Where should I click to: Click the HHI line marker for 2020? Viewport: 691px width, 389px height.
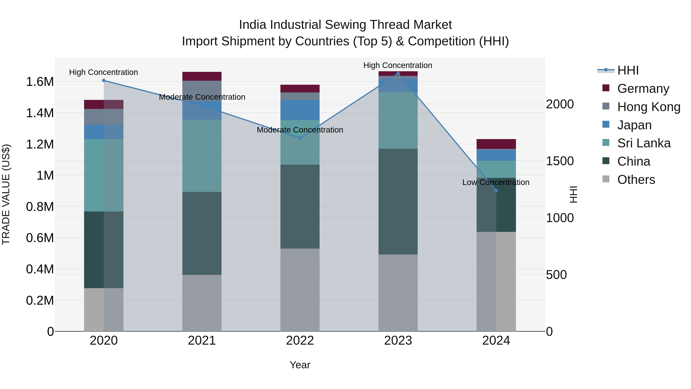[x=104, y=80]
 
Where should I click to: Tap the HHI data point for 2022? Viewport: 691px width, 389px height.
[x=300, y=138]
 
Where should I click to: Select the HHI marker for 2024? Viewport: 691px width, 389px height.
[x=496, y=191]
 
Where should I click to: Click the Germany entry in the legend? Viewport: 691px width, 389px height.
[x=643, y=89]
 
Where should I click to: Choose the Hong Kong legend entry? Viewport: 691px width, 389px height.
[x=648, y=107]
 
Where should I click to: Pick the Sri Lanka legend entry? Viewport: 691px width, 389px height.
[x=644, y=143]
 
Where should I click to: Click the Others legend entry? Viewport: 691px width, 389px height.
[x=636, y=180]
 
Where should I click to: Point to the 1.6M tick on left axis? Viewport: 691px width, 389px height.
[x=40, y=82]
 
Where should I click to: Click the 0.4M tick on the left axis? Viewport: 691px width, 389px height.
[x=40, y=269]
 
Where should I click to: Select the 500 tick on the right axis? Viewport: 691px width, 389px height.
[x=556, y=275]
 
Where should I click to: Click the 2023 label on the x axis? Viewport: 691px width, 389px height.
[x=398, y=341]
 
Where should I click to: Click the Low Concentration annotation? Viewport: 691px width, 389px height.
[x=496, y=182]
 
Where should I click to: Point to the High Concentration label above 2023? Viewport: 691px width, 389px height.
[x=398, y=65]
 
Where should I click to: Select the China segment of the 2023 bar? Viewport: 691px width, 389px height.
[x=398, y=201]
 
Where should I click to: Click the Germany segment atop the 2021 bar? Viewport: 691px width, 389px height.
[x=202, y=76]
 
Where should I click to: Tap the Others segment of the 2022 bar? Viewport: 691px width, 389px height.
[x=300, y=290]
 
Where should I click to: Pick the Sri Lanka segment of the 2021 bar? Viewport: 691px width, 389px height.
[x=202, y=156]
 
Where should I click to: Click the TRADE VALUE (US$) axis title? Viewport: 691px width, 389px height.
[x=6, y=194]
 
